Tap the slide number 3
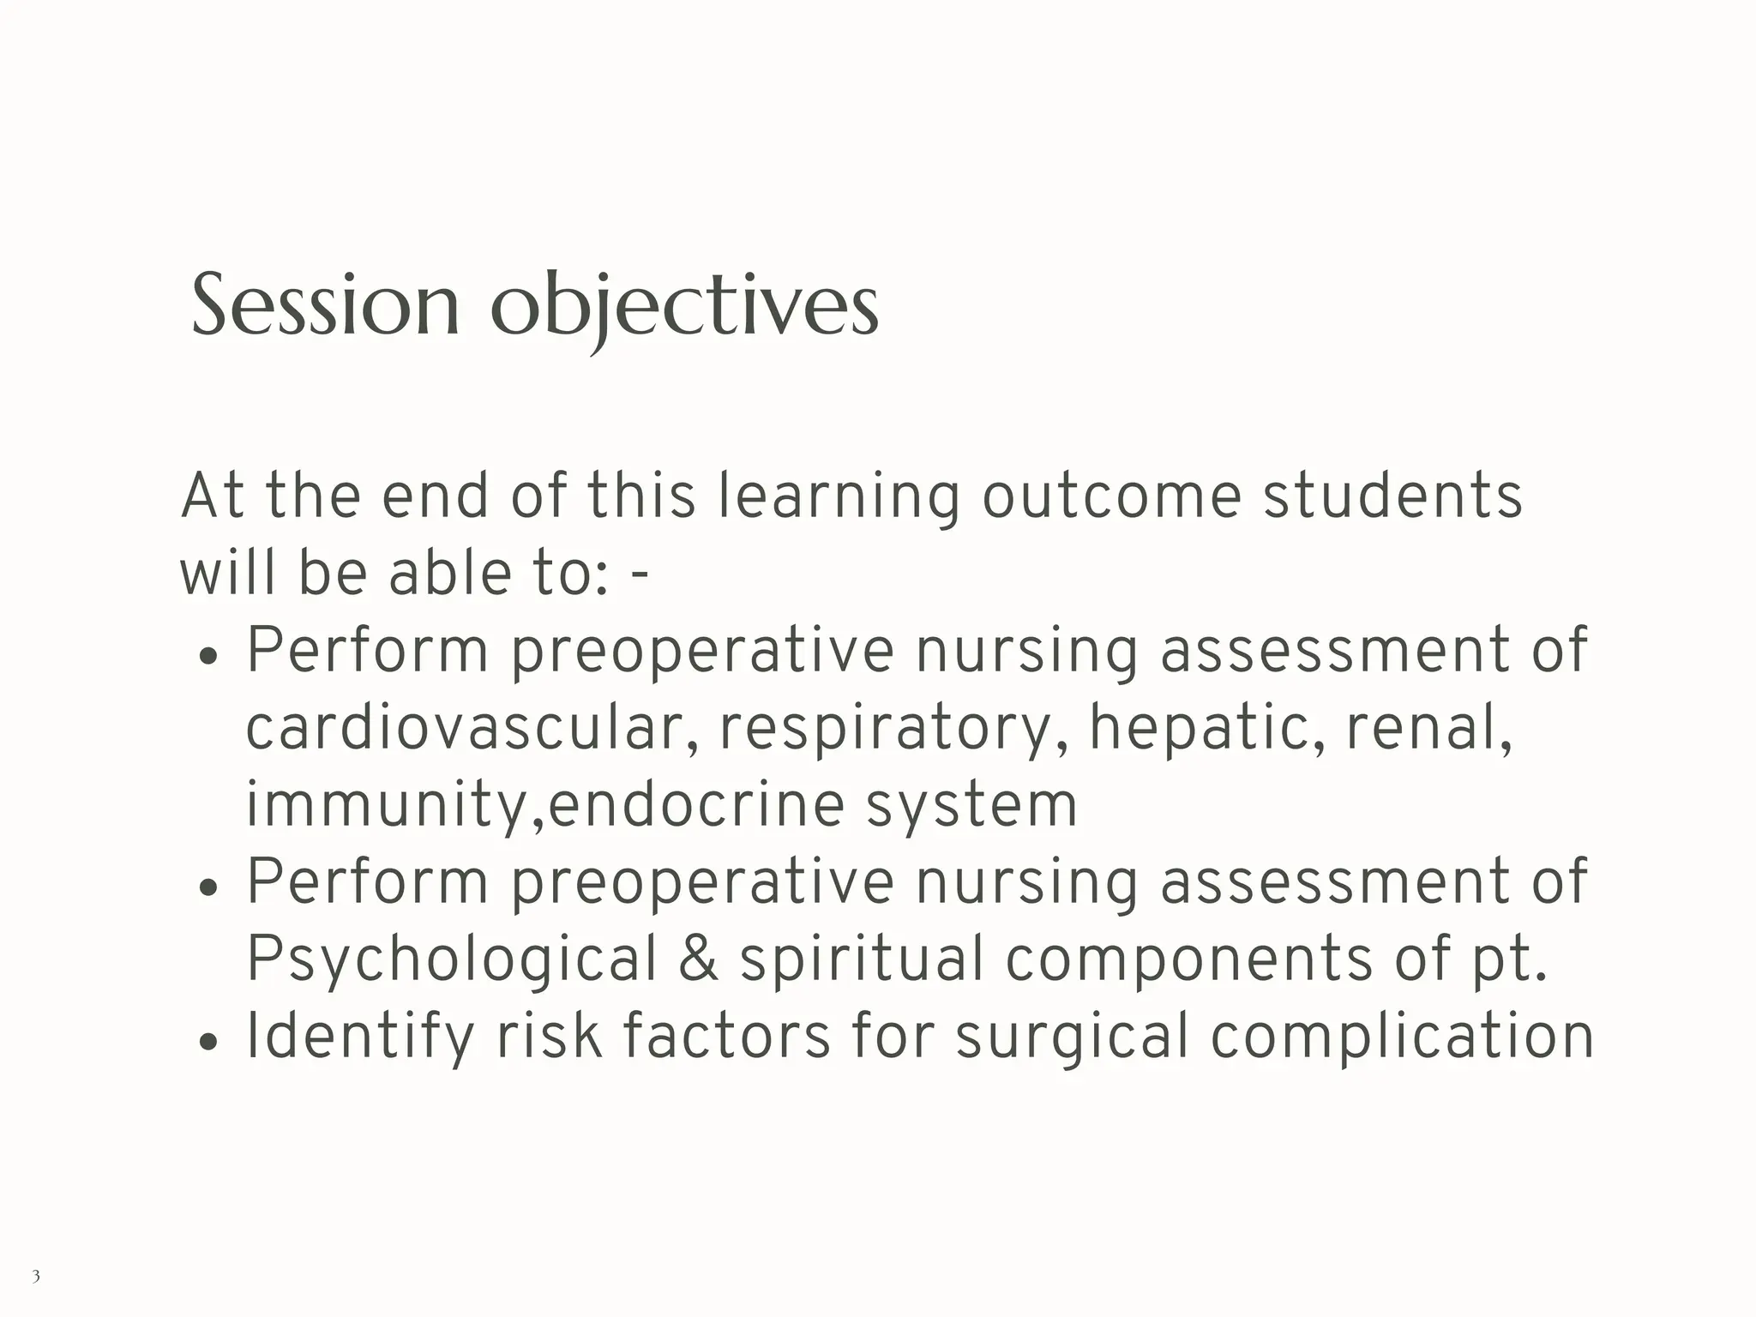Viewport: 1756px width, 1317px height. click(36, 1276)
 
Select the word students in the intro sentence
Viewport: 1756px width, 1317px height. click(1392, 496)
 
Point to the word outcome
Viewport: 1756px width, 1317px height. click(1111, 496)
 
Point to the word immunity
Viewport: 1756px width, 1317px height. click(393, 806)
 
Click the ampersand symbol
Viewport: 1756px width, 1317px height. click(699, 959)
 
